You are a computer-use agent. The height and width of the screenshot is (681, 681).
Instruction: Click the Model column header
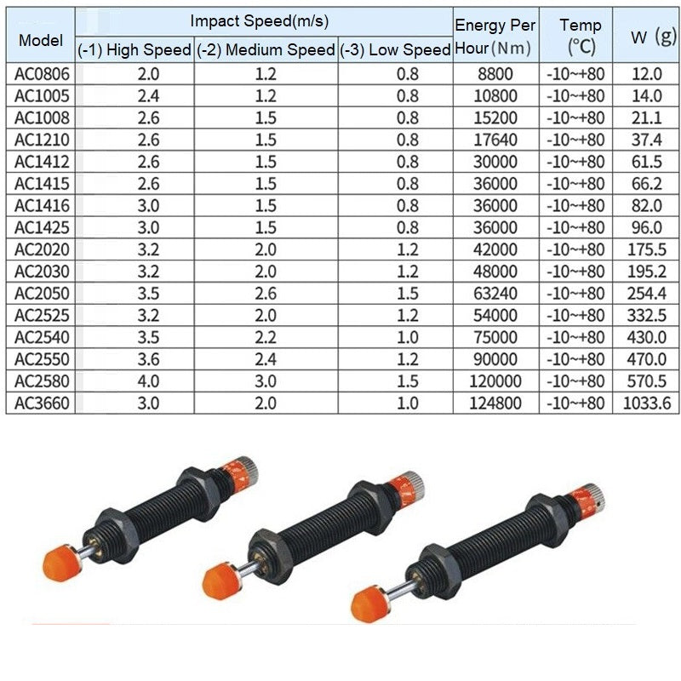tap(41, 40)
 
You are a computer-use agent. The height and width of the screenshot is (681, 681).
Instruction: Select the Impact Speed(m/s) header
tap(260, 20)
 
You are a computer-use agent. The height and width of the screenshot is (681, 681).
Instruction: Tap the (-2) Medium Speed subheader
tap(266, 50)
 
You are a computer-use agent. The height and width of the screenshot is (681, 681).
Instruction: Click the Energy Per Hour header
tap(495, 36)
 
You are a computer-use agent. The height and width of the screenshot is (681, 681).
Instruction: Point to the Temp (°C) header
tap(581, 36)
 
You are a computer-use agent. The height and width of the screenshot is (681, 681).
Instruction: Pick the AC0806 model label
tap(42, 74)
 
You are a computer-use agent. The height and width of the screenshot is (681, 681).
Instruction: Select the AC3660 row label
tap(42, 403)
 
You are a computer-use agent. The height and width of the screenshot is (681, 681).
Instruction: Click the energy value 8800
tap(495, 74)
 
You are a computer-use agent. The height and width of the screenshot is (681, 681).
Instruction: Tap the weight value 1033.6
tap(647, 403)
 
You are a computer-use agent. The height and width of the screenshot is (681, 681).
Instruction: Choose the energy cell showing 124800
tap(495, 403)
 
